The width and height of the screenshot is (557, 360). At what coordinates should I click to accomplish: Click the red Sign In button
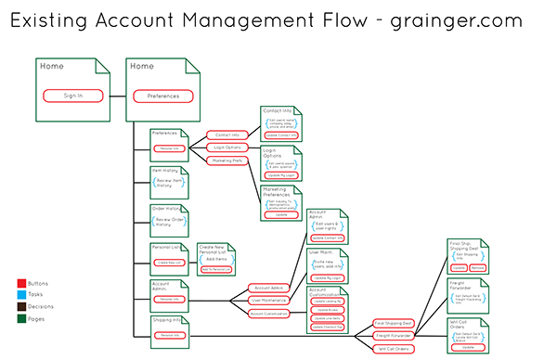pyautogui.click(x=72, y=95)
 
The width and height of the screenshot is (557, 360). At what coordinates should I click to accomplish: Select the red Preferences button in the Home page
pyautogui.click(x=162, y=95)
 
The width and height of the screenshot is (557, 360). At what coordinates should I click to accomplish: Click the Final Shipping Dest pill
pyautogui.click(x=394, y=323)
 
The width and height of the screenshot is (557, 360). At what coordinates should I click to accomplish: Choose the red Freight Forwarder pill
pyautogui.click(x=394, y=335)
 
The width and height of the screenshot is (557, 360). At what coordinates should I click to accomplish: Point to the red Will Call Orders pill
pyautogui.click(x=394, y=348)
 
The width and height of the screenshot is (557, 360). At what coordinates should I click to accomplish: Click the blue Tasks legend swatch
pyautogui.click(x=21, y=292)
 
